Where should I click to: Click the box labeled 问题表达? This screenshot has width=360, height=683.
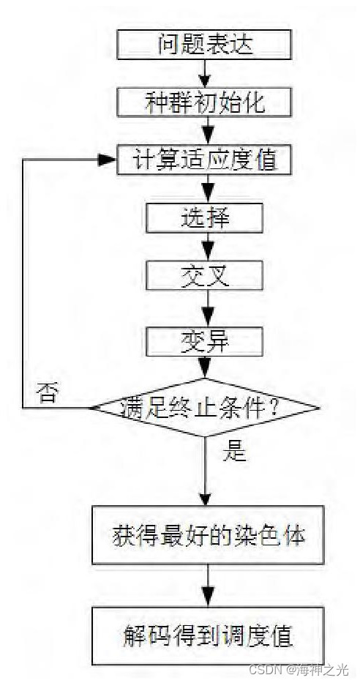pyautogui.click(x=204, y=45)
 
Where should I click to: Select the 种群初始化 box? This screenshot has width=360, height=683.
pyautogui.click(x=204, y=102)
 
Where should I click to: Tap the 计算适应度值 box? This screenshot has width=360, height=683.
pyautogui.click(x=204, y=160)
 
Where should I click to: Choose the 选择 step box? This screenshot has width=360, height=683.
pyautogui.click(x=204, y=217)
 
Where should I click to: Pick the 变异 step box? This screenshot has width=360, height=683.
pyautogui.click(x=204, y=340)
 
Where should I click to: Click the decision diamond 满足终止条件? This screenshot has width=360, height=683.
pyautogui.click(x=204, y=407)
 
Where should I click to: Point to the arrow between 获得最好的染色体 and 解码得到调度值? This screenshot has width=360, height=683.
pyautogui.click(x=209, y=585)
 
